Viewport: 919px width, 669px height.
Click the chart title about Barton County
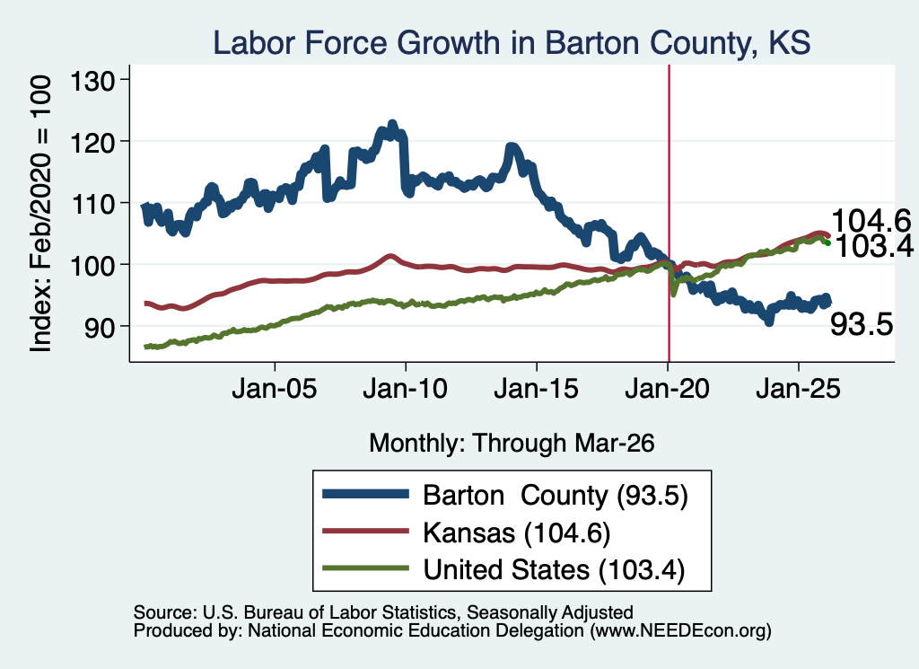tap(512, 43)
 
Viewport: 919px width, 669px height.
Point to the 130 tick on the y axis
tap(92, 80)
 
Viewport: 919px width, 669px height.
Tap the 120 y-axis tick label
tap(92, 141)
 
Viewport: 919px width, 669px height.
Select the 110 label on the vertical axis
tap(92, 203)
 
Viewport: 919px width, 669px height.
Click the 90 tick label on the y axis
tap(99, 327)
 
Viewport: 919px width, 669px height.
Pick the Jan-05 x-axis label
tap(275, 388)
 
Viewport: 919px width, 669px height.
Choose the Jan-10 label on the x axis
tap(405, 388)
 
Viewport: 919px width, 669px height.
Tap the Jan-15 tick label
tap(537, 388)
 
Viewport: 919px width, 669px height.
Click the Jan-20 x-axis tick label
tap(668, 388)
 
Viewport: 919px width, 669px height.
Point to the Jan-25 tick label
tap(798, 388)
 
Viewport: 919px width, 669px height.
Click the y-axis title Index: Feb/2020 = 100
tap(40, 214)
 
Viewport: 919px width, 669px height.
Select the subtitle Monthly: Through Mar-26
tap(512, 443)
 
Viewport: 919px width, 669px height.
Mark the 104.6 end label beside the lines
tap(871, 221)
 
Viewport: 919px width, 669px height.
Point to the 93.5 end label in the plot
tap(862, 323)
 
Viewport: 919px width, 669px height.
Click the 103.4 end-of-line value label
tap(874, 246)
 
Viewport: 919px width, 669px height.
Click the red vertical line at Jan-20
tap(669, 213)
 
